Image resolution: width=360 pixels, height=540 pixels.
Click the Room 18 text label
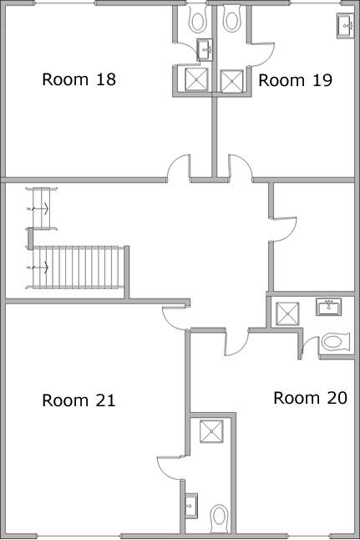[79, 80]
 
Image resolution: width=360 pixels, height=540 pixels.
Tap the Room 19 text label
[296, 80]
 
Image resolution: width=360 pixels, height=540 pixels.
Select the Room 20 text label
[310, 398]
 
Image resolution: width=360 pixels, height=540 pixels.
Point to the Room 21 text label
[79, 400]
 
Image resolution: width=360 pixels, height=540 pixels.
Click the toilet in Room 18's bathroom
[197, 18]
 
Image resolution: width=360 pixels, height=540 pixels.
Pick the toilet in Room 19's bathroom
[233, 18]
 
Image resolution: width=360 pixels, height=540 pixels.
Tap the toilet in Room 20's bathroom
[334, 342]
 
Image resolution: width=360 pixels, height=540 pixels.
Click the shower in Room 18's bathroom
[196, 79]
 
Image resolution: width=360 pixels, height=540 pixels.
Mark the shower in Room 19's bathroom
[231, 79]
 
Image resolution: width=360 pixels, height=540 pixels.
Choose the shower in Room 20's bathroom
[288, 313]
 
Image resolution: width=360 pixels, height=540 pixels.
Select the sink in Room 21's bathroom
[191, 505]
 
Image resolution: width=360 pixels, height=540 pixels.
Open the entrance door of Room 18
[179, 167]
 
